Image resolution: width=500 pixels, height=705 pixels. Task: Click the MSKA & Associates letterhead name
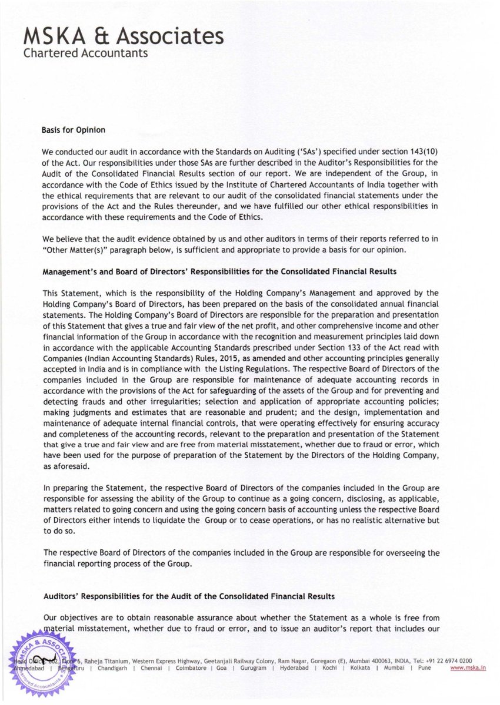pos(123,36)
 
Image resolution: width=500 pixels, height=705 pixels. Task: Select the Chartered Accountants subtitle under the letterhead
pos(85,53)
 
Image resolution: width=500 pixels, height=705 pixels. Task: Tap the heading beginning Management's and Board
pos(221,272)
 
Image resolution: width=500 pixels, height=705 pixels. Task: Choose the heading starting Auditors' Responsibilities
pos(189,596)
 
